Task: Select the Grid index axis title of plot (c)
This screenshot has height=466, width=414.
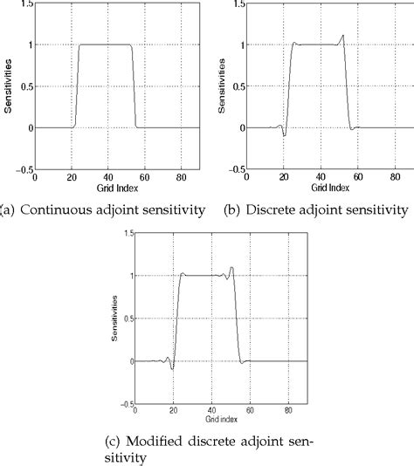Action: coord(214,421)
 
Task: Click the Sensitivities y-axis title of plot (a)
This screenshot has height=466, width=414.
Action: coord(9,86)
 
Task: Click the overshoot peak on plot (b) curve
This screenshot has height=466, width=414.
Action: coord(344,36)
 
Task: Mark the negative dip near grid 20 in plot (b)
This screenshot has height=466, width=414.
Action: coord(285,135)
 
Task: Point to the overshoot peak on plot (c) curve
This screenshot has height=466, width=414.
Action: coord(232,268)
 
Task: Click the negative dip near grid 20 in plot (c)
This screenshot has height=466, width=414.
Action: coord(173,369)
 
